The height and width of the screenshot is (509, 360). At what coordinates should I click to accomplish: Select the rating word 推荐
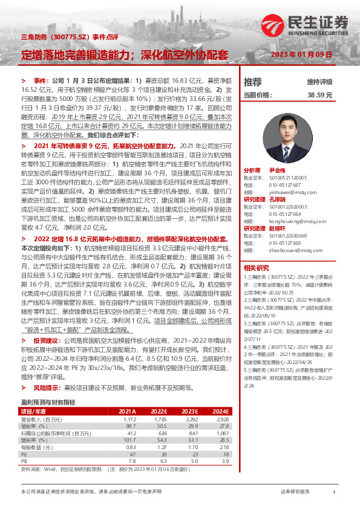252,82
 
